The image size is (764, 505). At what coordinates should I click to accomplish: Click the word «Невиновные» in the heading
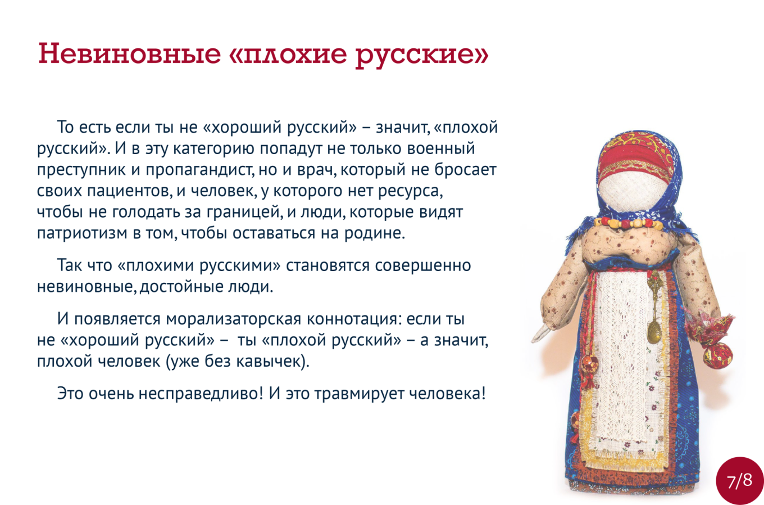point(130,53)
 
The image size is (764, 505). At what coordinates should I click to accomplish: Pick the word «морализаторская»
point(234,319)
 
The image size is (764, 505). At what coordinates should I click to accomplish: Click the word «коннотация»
point(353,319)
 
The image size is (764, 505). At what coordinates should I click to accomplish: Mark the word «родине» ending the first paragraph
point(375,233)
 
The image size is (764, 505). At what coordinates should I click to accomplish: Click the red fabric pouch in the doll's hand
point(711,338)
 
